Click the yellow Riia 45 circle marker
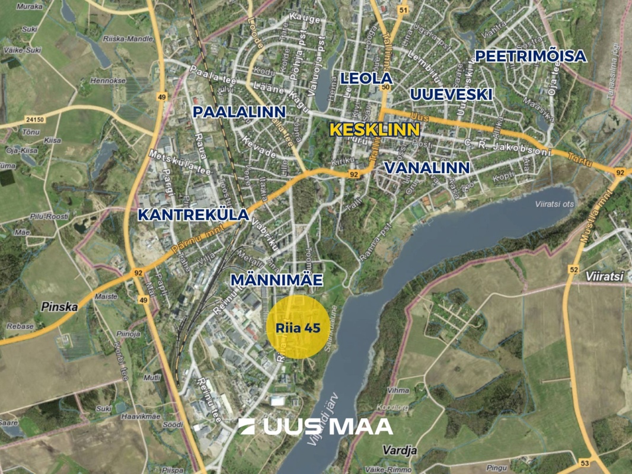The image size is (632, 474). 298,328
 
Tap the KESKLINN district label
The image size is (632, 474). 374,130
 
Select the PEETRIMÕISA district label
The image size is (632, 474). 531,56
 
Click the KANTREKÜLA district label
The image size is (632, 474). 193,215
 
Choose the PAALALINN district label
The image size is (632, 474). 240,112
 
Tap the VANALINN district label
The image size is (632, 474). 427,168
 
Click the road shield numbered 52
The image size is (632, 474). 573,270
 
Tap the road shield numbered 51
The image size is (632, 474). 404,11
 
